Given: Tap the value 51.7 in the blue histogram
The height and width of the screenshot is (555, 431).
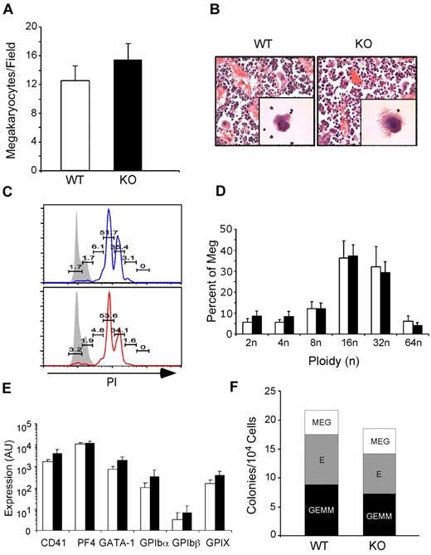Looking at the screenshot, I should pyautogui.click(x=108, y=234).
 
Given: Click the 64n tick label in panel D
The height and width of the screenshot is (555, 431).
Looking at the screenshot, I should pyautogui.click(x=410, y=348).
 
